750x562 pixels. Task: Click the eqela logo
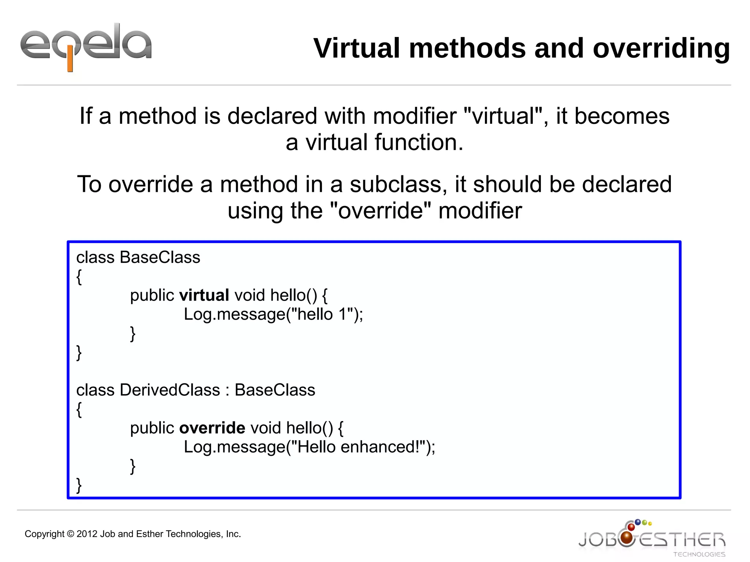(86, 46)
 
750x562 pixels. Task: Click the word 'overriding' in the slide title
(661, 48)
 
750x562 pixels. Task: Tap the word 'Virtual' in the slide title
(357, 48)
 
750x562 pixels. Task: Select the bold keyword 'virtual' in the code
(204, 295)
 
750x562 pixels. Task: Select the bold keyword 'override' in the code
(212, 428)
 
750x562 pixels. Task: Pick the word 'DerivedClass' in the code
(170, 390)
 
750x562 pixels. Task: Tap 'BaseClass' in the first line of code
(160, 257)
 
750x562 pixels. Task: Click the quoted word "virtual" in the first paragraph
(503, 116)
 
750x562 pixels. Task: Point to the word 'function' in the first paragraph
(416, 142)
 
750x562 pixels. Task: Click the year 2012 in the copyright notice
(87, 534)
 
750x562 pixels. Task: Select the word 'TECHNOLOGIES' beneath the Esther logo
(699, 554)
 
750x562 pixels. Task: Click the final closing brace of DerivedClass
(79, 485)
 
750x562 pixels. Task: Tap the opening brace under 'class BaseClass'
(79, 277)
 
